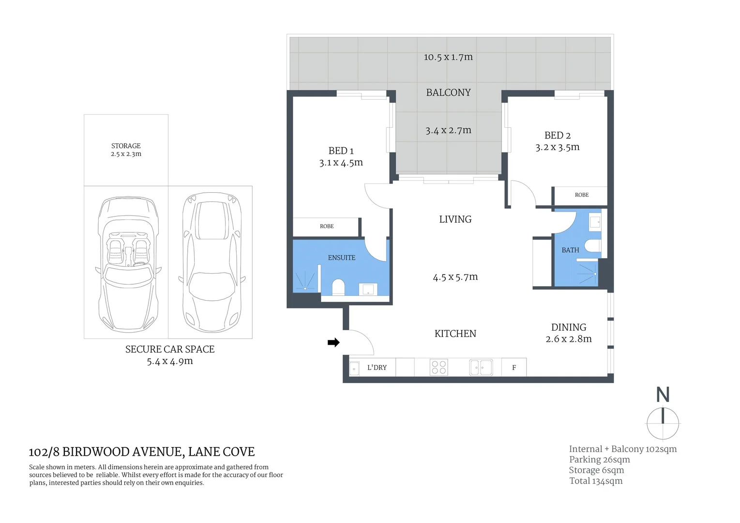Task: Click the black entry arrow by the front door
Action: pyautogui.click(x=333, y=343)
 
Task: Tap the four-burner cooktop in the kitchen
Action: pyautogui.click(x=439, y=367)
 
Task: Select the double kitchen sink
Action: pyautogui.click(x=481, y=368)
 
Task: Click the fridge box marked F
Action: pyautogui.click(x=514, y=368)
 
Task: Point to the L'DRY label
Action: pyautogui.click(x=377, y=368)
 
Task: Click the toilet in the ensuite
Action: pyautogui.click(x=338, y=287)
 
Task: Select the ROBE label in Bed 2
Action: pyautogui.click(x=581, y=195)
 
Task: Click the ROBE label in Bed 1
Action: pyautogui.click(x=327, y=226)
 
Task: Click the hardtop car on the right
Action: pyautogui.click(x=211, y=260)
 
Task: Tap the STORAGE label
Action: pyautogui.click(x=126, y=146)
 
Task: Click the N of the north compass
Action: pyautogui.click(x=663, y=395)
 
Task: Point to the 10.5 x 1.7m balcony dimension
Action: pyautogui.click(x=448, y=57)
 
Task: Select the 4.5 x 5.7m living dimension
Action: pyautogui.click(x=455, y=277)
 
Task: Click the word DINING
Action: pyautogui.click(x=569, y=327)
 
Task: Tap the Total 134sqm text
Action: pyautogui.click(x=596, y=481)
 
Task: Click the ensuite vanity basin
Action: pyautogui.click(x=368, y=290)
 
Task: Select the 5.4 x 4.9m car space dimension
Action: pyautogui.click(x=170, y=361)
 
